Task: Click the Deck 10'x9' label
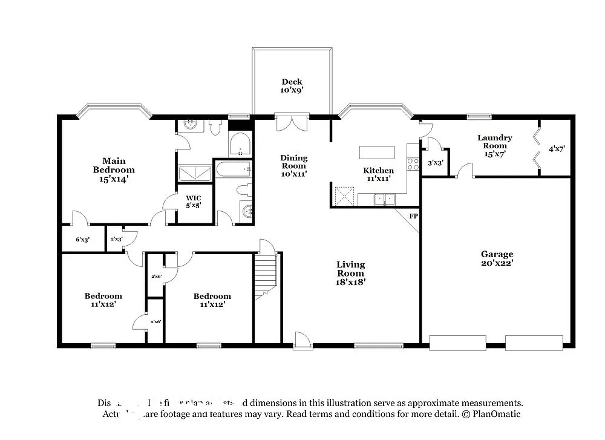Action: pyautogui.click(x=292, y=86)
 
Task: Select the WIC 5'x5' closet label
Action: pyautogui.click(x=194, y=202)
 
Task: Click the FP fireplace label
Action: pyautogui.click(x=413, y=216)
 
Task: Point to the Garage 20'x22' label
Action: pyautogui.click(x=497, y=258)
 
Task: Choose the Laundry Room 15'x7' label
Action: pyautogui.click(x=494, y=146)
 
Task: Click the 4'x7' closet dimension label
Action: pyautogui.click(x=555, y=148)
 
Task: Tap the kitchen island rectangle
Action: pyautogui.click(x=377, y=152)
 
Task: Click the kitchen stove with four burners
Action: pyautogui.click(x=413, y=163)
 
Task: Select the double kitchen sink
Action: pyautogui.click(x=383, y=199)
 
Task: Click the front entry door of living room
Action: pyautogui.click(x=302, y=341)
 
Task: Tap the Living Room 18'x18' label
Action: pyautogui.click(x=351, y=273)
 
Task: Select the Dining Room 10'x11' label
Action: pyautogui.click(x=294, y=165)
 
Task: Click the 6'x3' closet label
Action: pyautogui.click(x=82, y=240)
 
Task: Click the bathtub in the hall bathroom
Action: pyautogui.click(x=232, y=169)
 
